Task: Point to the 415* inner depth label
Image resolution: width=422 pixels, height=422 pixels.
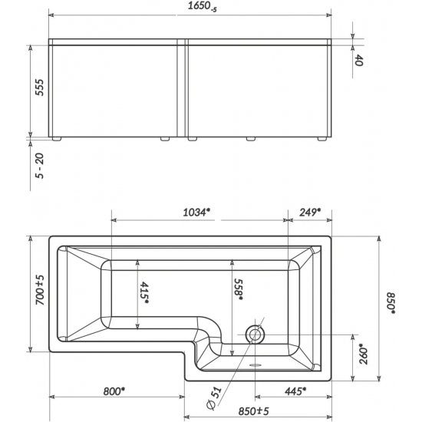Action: pos(144,294)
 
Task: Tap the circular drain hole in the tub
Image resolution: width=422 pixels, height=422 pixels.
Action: pos(254,335)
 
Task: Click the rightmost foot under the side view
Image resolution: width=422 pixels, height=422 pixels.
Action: pos(321,140)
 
